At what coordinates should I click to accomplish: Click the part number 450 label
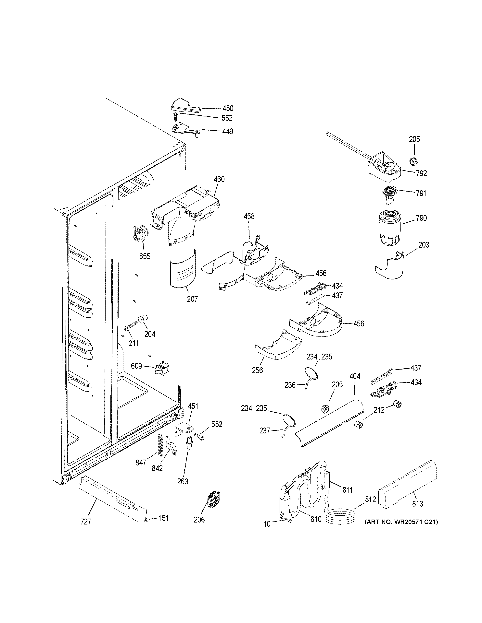(x=228, y=108)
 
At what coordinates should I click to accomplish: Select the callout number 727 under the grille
(x=86, y=522)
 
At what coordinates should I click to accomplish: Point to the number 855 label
(x=145, y=256)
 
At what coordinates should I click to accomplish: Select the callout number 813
(x=417, y=503)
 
